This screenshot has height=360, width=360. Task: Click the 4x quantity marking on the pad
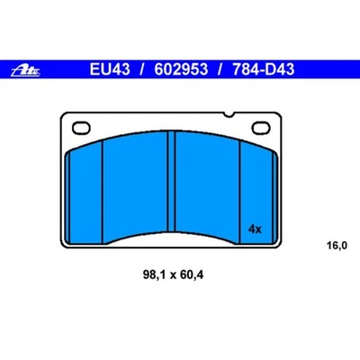coord(254,229)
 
